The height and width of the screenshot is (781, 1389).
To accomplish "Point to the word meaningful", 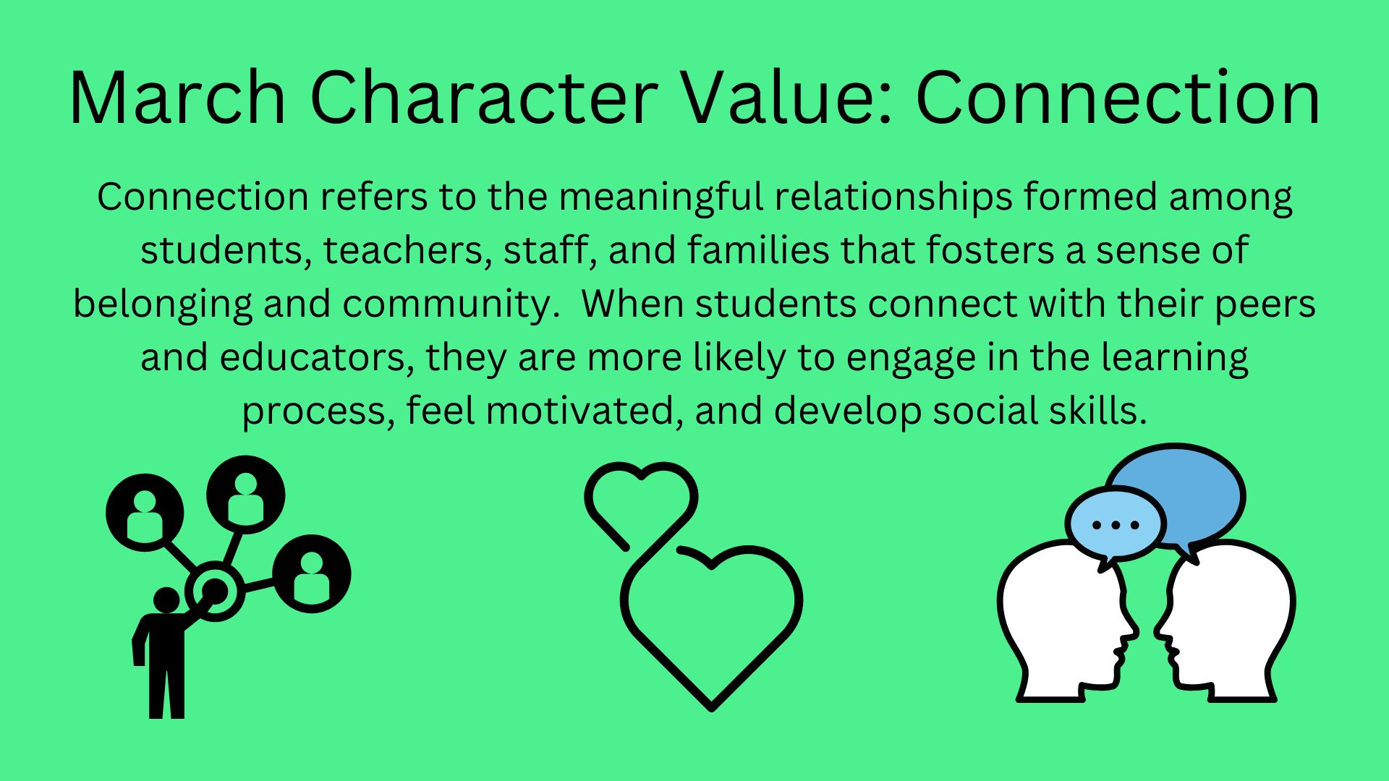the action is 660,197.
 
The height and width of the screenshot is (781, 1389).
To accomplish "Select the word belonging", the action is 162,304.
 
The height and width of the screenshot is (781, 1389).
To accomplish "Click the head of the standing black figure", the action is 167,600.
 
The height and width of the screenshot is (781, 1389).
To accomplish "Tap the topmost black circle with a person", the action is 246,495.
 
